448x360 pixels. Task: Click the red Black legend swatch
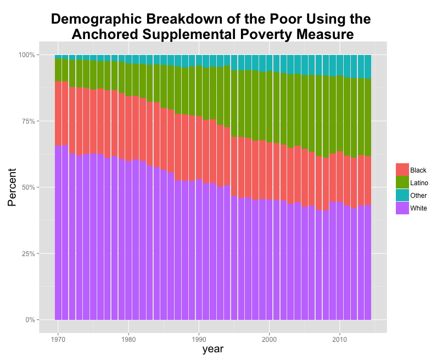click(402, 170)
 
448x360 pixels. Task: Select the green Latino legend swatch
click(402, 182)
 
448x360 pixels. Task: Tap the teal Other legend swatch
click(402, 195)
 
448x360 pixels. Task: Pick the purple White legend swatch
click(402, 208)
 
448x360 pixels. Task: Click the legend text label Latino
click(419, 183)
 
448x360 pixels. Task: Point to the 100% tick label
click(27, 55)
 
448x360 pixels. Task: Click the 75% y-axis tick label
click(29, 121)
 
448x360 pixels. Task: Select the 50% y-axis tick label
click(29, 187)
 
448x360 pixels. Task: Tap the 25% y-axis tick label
click(29, 254)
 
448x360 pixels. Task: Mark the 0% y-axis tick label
click(30, 320)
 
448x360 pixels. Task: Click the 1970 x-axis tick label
click(58, 339)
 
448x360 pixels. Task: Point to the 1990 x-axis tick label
click(199, 339)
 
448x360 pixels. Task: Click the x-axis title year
click(212, 350)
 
